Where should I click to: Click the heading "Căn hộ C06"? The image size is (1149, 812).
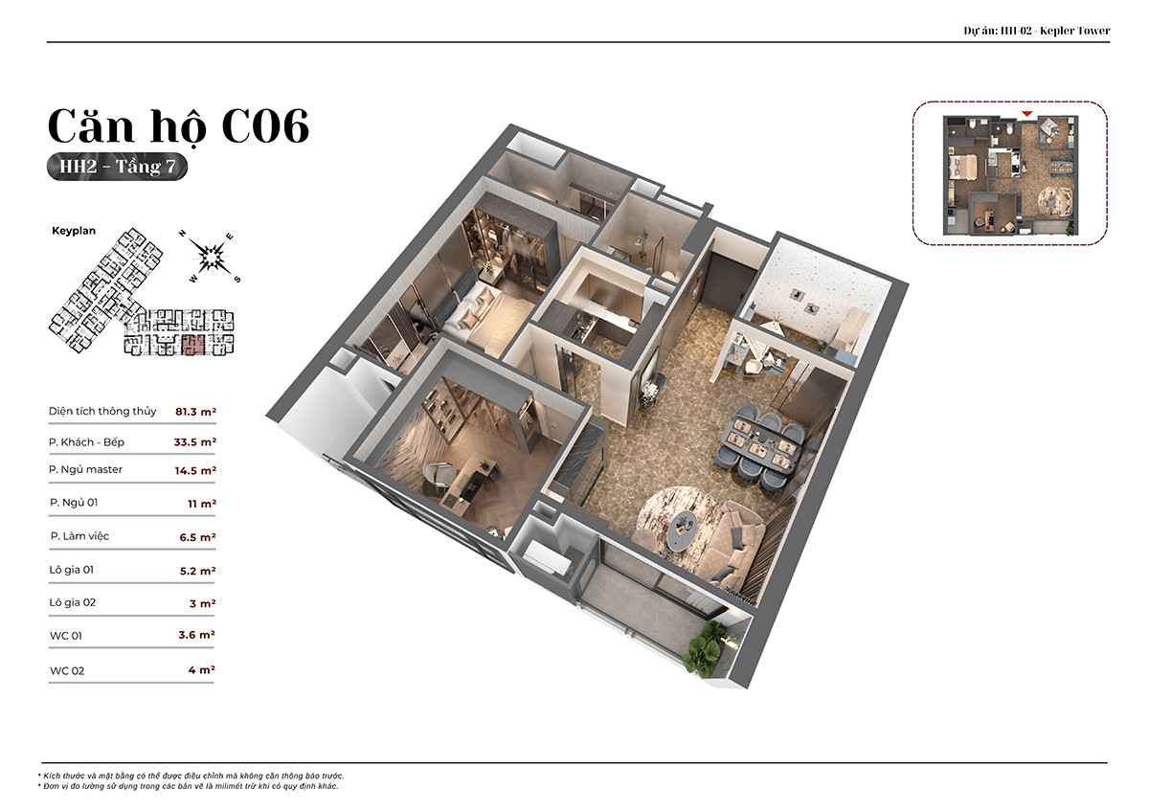tap(178, 125)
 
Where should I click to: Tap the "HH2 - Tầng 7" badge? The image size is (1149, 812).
tap(117, 167)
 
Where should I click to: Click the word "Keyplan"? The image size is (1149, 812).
tap(74, 231)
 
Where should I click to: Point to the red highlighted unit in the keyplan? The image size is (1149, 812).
tap(193, 344)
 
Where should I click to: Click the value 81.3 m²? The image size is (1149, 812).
tap(195, 412)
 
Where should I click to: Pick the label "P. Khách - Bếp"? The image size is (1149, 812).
tap(86, 442)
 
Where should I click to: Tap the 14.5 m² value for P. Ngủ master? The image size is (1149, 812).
tap(195, 470)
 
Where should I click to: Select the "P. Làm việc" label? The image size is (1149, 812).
tap(79, 536)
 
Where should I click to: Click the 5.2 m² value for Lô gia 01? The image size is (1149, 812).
tap(197, 571)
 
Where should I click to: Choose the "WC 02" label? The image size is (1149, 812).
tap(67, 671)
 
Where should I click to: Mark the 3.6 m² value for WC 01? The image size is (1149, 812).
tap(196, 635)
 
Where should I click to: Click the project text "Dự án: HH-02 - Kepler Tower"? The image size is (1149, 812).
tap(1037, 31)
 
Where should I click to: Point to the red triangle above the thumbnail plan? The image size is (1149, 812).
tap(1026, 114)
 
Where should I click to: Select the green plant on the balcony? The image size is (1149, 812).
tap(707, 647)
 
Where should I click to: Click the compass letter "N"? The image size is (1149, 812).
tap(182, 234)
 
